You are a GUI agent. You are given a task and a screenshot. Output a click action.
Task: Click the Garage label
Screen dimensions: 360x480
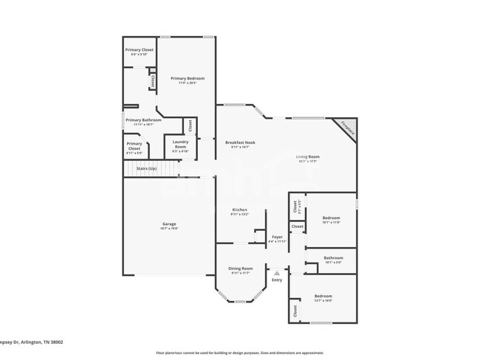point(169,224)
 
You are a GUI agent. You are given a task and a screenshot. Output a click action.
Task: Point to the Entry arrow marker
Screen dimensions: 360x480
point(277,273)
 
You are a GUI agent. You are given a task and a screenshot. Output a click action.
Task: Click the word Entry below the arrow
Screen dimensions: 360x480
point(277,280)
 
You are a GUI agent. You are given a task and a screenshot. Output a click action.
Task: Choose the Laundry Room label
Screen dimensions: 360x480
point(179,144)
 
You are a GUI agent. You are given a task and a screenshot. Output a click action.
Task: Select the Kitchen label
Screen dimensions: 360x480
point(240,210)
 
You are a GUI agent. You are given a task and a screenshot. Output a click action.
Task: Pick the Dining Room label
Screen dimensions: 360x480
point(241,269)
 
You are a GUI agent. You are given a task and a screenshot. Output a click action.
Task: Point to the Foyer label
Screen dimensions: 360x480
point(277,237)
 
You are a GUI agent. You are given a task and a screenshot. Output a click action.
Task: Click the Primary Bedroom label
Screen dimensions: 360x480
point(187,78)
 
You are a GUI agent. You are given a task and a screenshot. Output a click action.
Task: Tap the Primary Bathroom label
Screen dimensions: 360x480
point(143,120)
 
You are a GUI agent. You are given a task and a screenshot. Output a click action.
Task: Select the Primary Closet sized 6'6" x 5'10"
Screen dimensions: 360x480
point(139,50)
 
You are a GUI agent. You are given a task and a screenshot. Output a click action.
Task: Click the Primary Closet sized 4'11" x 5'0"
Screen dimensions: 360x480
point(134,146)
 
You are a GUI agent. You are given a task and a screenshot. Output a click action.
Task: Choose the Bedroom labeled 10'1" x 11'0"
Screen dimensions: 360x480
point(331,218)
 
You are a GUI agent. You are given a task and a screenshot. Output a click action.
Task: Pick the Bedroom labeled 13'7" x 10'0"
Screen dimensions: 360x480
point(323,297)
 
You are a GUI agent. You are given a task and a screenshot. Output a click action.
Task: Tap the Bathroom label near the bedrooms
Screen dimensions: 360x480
point(334,258)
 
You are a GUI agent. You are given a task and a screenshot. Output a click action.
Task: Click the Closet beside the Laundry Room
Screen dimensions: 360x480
point(189,126)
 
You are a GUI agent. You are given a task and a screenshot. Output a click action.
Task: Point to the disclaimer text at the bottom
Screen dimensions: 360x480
point(240,353)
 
